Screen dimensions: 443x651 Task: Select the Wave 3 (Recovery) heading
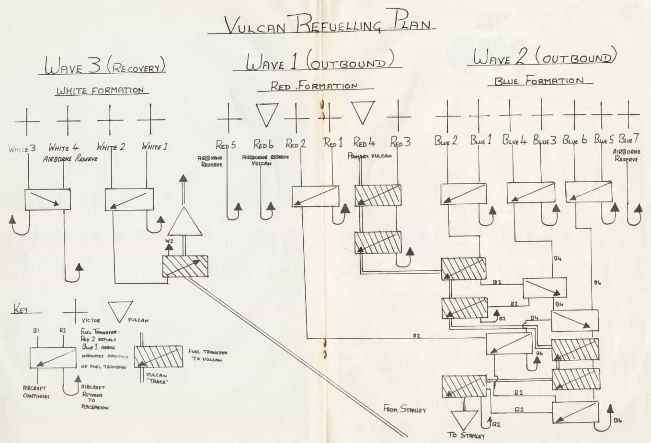point(105,66)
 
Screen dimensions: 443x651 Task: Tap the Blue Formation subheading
point(539,81)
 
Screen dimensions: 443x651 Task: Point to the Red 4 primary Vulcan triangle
point(363,113)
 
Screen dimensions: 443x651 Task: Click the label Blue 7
point(628,140)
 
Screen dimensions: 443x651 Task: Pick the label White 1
point(154,147)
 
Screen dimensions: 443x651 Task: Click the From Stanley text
point(404,410)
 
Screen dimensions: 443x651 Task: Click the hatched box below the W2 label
point(185,266)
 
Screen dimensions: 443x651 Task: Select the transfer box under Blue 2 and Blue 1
point(463,194)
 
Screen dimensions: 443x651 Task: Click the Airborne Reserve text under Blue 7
point(627,155)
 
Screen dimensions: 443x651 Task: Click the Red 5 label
point(225,144)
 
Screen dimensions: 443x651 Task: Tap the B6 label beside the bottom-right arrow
point(619,421)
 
